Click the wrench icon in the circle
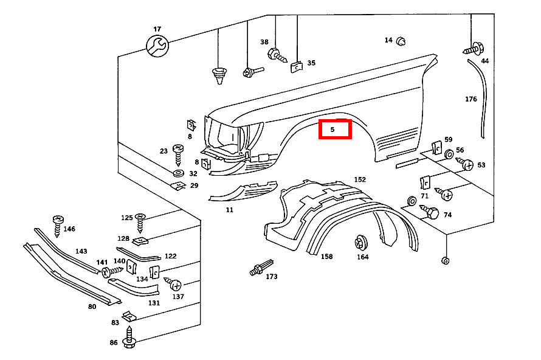click(x=157, y=46)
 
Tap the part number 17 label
click(x=157, y=29)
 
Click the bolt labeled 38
click(x=275, y=55)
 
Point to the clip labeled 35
click(x=296, y=66)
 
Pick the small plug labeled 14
click(x=401, y=41)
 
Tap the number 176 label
click(x=471, y=99)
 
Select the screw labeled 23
click(x=179, y=153)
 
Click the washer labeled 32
click(x=179, y=174)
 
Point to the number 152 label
click(x=360, y=179)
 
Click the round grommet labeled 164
click(x=360, y=243)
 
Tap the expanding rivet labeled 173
click(x=260, y=268)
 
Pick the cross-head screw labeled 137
click(x=174, y=284)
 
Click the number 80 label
click(x=92, y=306)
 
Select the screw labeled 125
click(x=140, y=221)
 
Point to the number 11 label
click(x=229, y=210)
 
